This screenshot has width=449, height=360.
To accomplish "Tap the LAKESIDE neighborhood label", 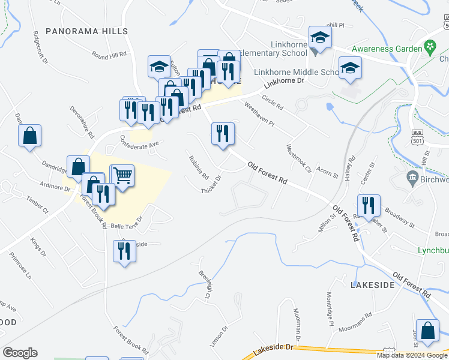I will point(373,284).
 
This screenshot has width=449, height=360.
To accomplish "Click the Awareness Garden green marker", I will point(430,46).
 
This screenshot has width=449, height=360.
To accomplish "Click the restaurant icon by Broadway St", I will point(369,205).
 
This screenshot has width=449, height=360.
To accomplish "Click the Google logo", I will point(20,352).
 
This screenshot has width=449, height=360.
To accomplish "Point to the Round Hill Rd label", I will point(109,55).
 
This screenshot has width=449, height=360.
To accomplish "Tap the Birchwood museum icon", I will point(412,177).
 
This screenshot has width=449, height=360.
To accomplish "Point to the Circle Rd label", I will point(272,104).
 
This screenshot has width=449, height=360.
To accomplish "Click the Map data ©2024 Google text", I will point(411,355).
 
